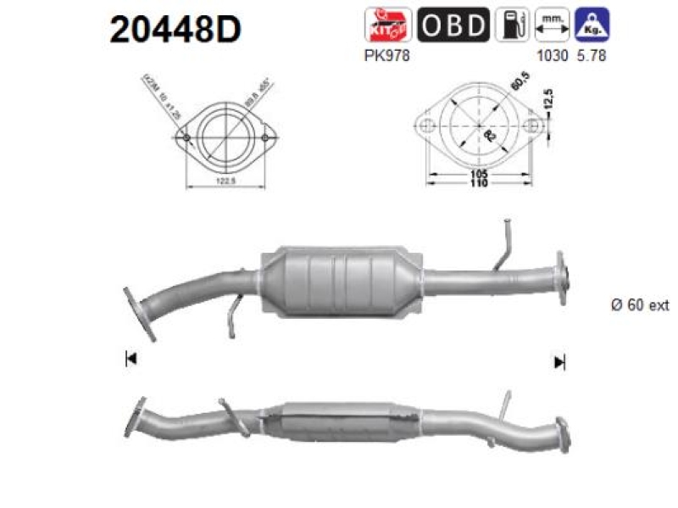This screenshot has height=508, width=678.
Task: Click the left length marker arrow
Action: (131, 360)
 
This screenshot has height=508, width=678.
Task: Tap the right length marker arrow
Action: (559, 362)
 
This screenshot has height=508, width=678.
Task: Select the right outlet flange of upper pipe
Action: (560, 274)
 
